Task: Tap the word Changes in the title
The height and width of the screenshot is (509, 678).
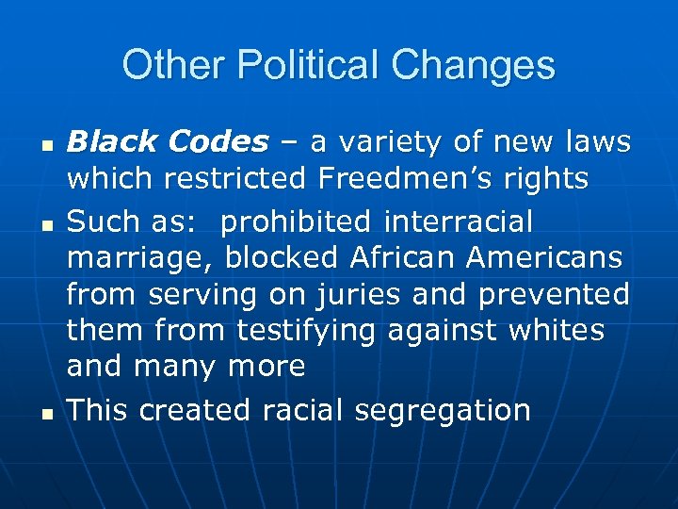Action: coord(474,66)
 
